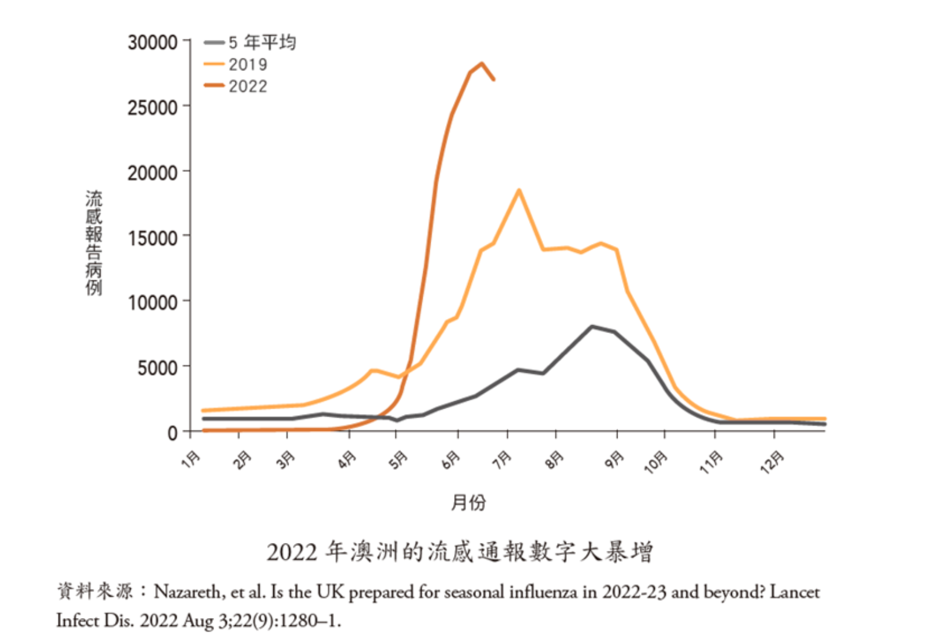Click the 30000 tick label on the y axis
coord(152,42)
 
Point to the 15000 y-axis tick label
coord(152,237)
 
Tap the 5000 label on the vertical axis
coord(157,367)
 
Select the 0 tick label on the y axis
coord(173,433)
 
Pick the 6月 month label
coord(451,461)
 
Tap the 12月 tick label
coord(772,462)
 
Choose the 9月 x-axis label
coord(614,460)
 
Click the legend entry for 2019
coord(247,64)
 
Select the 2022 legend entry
coord(247,86)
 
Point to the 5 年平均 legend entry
coord(261,42)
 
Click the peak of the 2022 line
coord(481,63)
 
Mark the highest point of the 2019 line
coord(518,190)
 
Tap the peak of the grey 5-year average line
coord(592,326)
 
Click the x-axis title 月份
coord(468,502)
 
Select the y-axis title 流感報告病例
coord(94,243)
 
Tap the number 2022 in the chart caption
coord(292,552)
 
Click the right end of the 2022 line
coord(494,79)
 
